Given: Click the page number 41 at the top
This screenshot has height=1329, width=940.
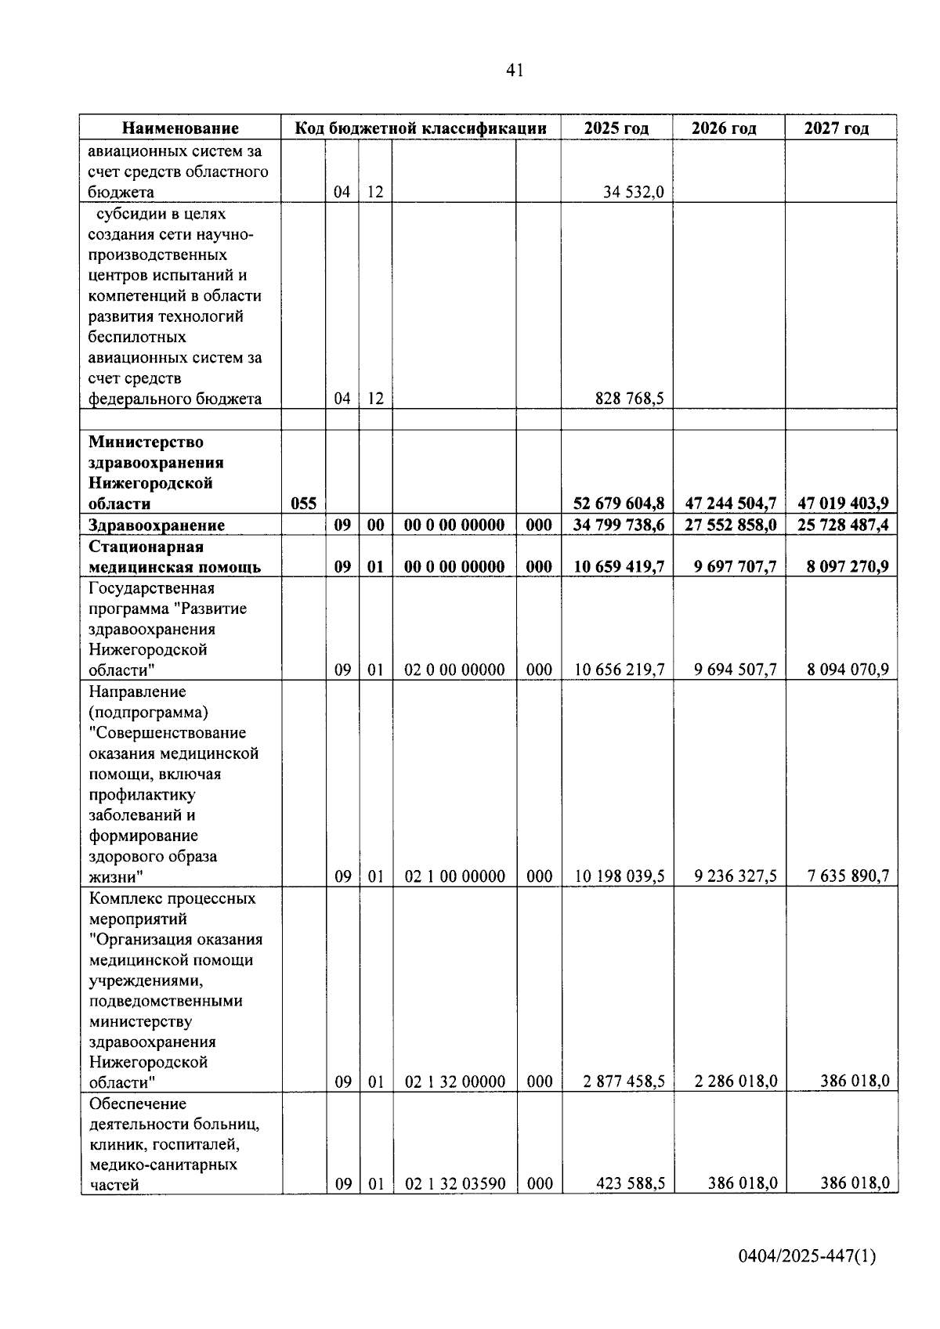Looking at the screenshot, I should pos(514,71).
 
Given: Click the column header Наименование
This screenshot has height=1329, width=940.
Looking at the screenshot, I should pos(180,128).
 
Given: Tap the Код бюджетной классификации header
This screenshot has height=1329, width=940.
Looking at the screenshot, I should pos(420,128).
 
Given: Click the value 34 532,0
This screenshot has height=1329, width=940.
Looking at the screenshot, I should pos(634,192).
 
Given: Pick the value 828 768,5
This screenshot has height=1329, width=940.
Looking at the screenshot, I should pos(629,399).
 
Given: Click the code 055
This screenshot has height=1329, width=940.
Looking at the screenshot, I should pos(303,504).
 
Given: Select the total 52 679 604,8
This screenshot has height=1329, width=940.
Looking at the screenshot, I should pos(618,504).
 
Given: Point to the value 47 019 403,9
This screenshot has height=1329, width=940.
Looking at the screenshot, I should pos(843,504).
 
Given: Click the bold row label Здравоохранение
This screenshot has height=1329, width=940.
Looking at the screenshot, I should pos(157,525).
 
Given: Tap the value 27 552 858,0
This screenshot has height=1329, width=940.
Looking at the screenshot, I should pos(730,525).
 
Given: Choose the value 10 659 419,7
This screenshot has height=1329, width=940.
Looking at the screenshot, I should pos(619,567).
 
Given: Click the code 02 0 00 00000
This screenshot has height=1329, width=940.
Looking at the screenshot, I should pos(454,670).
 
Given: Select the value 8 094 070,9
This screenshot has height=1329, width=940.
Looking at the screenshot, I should pos(848,670).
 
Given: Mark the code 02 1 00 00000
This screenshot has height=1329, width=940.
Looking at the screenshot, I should pos(454,876).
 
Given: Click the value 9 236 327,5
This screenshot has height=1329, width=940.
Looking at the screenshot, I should pos(735,876).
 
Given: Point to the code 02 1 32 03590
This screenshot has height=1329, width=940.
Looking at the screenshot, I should pos(454,1184).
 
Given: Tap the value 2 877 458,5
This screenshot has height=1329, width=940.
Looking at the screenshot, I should pos(624,1082).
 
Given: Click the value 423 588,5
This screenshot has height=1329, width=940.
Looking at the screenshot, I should pos(630,1184).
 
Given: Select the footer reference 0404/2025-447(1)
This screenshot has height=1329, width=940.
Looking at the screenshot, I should pos(807,1257).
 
